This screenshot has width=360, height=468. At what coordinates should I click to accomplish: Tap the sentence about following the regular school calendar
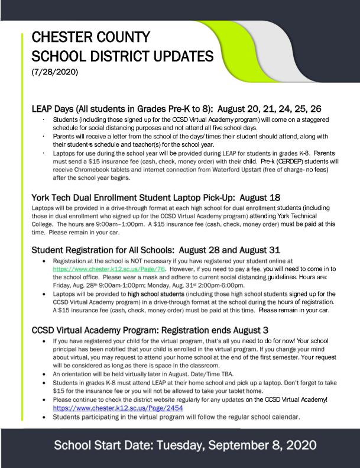[x=176, y=417]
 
